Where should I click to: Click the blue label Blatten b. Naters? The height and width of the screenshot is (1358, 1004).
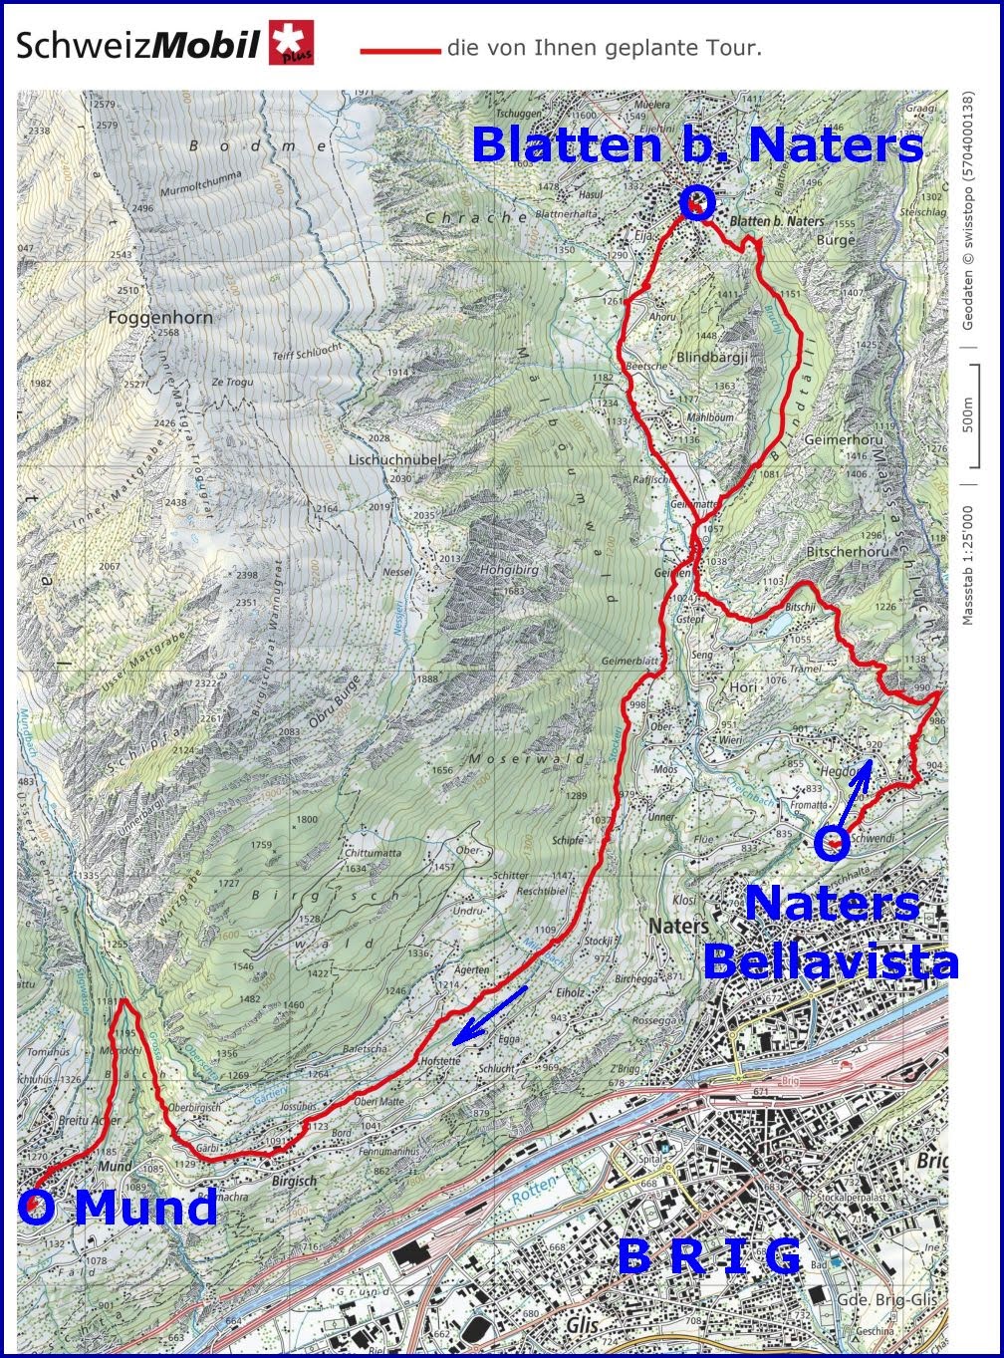(697, 145)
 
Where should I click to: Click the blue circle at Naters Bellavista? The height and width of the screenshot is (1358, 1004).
(831, 844)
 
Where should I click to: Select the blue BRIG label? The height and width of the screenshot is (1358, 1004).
(709, 1256)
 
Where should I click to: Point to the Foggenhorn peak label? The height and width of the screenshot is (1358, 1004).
(161, 318)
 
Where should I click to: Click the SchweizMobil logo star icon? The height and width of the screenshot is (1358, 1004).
(290, 45)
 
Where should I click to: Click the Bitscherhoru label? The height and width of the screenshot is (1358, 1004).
(847, 551)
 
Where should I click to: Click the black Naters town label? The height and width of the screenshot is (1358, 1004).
(678, 926)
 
